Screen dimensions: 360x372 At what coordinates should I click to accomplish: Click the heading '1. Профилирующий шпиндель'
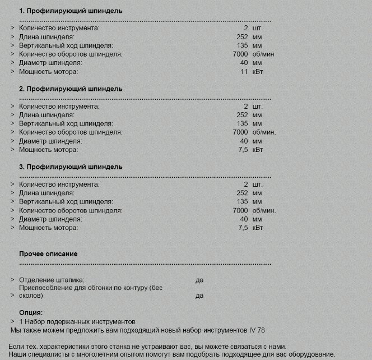tap(71, 11)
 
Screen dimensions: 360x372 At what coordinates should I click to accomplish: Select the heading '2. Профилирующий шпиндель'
tap(71, 89)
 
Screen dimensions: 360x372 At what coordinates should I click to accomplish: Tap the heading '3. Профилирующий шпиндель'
tap(71, 167)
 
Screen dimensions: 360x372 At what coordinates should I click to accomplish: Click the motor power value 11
tap(244, 72)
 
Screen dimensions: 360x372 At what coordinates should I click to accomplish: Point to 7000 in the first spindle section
tap(240, 54)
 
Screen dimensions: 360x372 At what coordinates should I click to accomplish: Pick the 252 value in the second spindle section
tap(242, 114)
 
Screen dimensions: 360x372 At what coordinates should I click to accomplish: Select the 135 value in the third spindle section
tap(242, 201)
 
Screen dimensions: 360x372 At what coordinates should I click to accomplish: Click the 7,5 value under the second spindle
tap(243, 150)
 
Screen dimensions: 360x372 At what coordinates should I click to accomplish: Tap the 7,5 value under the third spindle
tap(243, 228)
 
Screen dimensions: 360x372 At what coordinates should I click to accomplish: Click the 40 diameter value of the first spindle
tap(244, 63)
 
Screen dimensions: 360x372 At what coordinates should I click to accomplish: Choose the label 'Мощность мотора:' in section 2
tap(49, 150)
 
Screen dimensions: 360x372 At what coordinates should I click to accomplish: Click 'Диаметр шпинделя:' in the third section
tap(50, 219)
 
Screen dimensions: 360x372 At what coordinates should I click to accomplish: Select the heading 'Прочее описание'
tap(48, 253)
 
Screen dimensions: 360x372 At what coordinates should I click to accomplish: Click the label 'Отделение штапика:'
tap(52, 279)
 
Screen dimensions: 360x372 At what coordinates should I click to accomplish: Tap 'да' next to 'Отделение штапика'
tap(199, 279)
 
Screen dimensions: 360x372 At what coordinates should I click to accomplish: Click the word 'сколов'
tap(30, 296)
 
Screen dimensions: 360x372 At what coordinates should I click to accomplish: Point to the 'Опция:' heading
tap(31, 313)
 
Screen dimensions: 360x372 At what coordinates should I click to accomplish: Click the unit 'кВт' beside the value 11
tap(258, 72)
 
